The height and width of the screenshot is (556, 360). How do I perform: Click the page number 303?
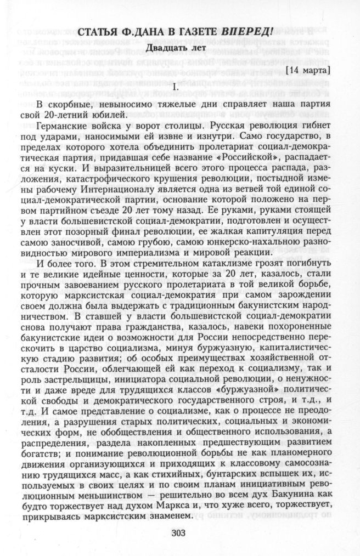[x=180, y=533]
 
